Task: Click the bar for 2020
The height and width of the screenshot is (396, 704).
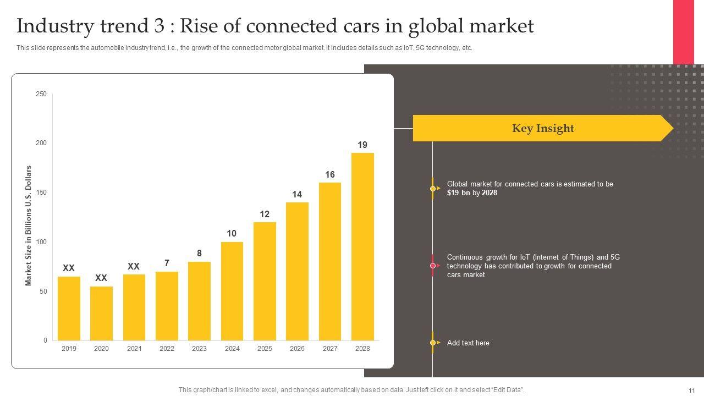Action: coord(101,313)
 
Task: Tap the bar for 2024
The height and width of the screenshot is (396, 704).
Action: coord(232,291)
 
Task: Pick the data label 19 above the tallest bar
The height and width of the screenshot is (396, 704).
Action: coord(362,145)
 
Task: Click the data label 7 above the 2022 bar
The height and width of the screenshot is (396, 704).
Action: coord(167,263)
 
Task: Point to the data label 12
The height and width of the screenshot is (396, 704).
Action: coord(265,215)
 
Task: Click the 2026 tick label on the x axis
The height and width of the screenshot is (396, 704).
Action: coord(297,349)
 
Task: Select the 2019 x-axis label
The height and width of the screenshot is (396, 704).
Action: coord(69,349)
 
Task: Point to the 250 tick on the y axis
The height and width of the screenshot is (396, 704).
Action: coord(41,94)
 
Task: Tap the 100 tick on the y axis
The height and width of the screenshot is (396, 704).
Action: coord(41,242)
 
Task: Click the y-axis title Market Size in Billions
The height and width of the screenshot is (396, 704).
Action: coord(29,226)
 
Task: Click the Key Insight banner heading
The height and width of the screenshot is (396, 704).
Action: coord(542,129)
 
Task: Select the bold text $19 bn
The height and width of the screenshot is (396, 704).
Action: coord(459,193)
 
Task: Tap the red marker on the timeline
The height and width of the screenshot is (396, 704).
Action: coord(433,266)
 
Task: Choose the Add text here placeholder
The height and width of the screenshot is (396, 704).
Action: coord(468,343)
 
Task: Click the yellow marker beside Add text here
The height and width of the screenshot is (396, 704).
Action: coord(433,343)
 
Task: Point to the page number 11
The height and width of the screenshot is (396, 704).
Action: coord(691,390)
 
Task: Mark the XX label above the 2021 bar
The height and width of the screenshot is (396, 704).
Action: coord(134,267)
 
